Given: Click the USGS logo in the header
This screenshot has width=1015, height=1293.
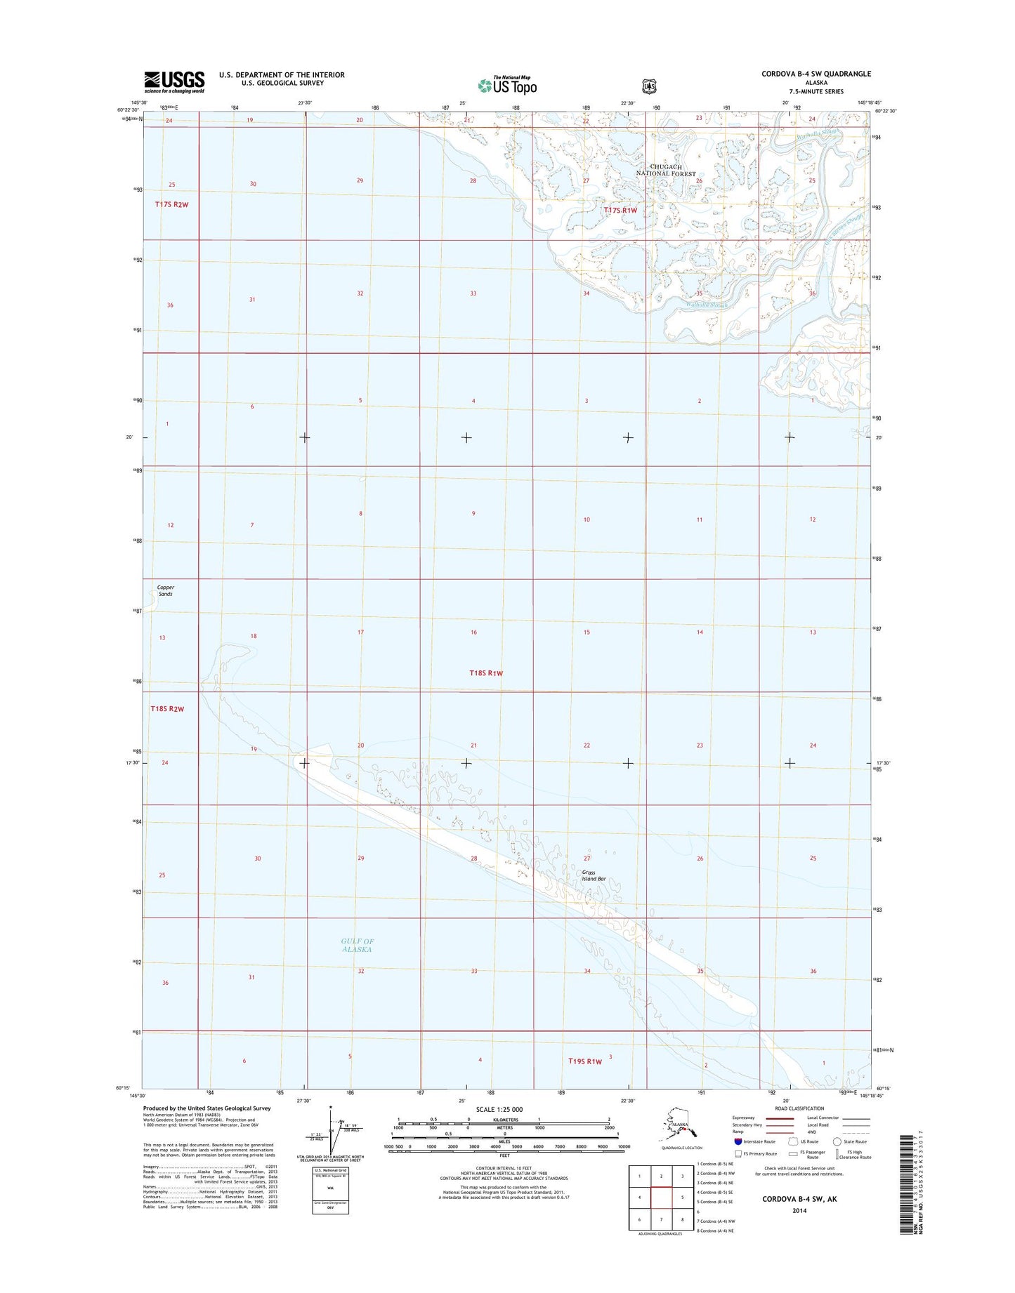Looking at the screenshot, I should (174, 81).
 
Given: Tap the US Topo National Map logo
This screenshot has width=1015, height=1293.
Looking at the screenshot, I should (507, 85).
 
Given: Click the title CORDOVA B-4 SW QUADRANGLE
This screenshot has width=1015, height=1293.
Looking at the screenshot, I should (816, 74).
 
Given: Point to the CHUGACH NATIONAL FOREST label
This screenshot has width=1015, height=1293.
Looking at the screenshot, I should (666, 171).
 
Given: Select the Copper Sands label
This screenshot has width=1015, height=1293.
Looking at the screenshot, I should (166, 590).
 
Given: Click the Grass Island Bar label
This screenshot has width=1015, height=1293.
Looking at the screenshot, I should (594, 875).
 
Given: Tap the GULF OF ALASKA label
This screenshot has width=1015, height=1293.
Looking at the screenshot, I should (357, 945).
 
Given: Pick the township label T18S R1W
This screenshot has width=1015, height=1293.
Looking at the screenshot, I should (486, 673).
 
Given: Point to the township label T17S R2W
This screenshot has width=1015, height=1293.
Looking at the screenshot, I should (172, 204).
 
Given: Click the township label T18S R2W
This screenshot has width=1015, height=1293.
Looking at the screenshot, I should (167, 709).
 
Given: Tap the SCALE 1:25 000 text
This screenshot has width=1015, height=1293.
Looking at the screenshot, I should (499, 1110).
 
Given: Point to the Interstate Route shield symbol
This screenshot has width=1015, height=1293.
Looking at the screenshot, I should (738, 1141).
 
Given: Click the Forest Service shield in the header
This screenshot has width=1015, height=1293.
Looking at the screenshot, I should (649, 86).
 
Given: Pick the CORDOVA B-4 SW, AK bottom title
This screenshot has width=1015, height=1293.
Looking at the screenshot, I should (799, 1200).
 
